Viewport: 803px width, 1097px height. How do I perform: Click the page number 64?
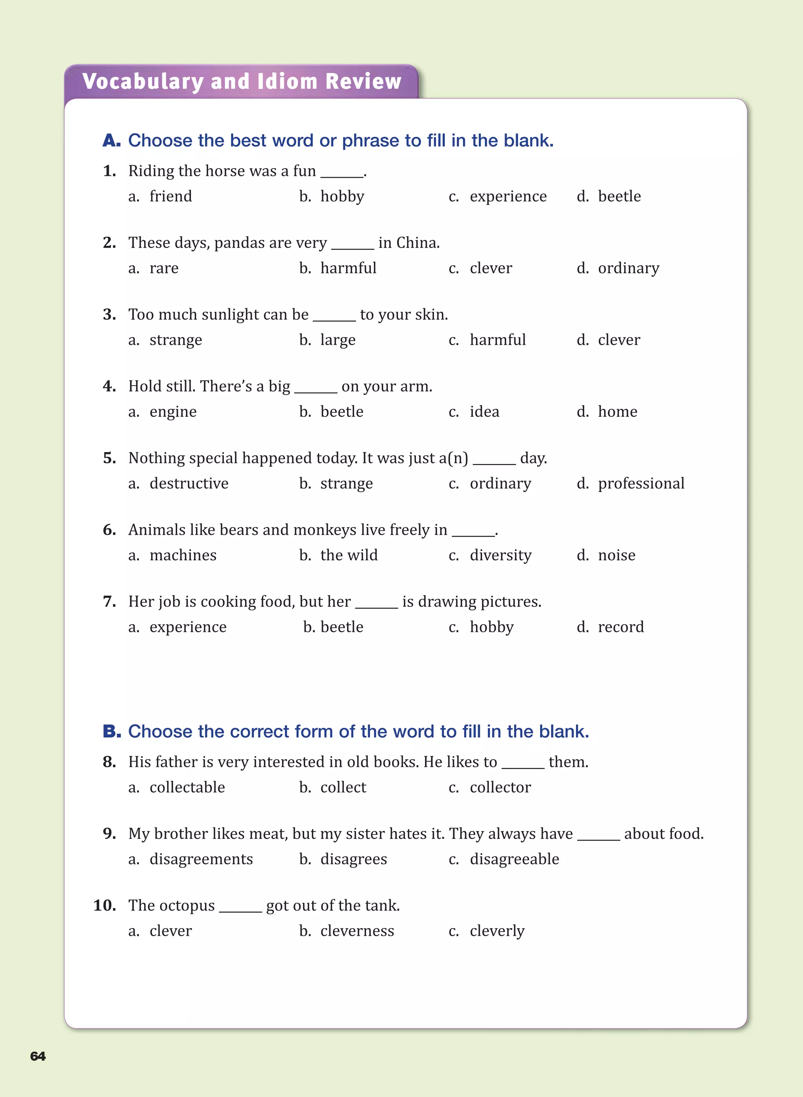click(38, 1056)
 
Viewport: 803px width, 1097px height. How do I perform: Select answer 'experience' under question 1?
click(508, 196)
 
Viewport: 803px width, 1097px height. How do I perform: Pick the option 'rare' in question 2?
click(164, 268)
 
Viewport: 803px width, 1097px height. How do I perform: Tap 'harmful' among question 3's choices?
click(497, 340)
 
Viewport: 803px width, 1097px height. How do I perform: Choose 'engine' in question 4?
click(173, 412)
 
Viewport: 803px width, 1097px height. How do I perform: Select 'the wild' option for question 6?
click(349, 555)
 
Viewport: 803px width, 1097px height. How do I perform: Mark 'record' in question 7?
click(621, 627)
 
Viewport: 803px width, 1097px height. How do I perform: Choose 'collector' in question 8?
click(500, 787)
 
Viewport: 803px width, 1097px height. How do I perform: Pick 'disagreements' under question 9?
click(201, 859)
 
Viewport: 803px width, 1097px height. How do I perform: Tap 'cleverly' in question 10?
click(497, 931)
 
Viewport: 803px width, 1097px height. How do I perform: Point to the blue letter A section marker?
click(111, 141)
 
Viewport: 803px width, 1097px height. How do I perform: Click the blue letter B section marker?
click(112, 731)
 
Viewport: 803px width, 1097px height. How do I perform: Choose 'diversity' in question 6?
click(500, 555)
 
